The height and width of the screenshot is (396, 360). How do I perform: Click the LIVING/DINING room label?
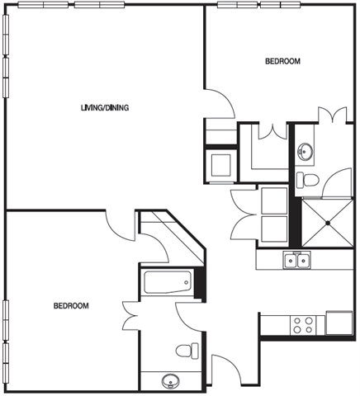click(x=105, y=107)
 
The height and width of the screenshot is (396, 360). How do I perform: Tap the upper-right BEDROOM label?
click(x=282, y=61)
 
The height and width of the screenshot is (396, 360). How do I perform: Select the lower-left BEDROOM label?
click(x=71, y=306)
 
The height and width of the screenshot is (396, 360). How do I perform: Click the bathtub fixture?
click(x=168, y=282)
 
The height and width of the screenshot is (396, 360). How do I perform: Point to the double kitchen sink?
click(x=296, y=260)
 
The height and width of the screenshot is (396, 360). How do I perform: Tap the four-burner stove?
click(x=303, y=325)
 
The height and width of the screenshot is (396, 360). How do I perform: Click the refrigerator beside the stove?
click(x=339, y=323)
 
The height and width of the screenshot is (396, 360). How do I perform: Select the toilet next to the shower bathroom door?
click(x=308, y=181)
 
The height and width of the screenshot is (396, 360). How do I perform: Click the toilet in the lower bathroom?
click(x=187, y=351)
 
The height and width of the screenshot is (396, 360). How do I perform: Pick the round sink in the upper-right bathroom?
click(x=306, y=151)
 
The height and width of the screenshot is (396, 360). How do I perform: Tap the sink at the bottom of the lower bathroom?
click(x=170, y=382)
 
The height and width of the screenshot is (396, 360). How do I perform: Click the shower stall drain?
click(x=328, y=223)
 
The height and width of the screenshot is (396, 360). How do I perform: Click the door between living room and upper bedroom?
click(x=220, y=103)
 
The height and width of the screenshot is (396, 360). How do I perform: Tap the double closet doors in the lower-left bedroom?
click(x=130, y=316)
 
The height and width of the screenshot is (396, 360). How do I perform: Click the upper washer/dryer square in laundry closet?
click(x=274, y=200)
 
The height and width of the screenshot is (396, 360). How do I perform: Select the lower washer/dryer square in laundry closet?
click(x=274, y=229)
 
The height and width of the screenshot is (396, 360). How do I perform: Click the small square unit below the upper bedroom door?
click(x=220, y=165)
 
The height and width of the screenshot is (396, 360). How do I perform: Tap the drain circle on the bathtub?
click(x=187, y=282)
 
